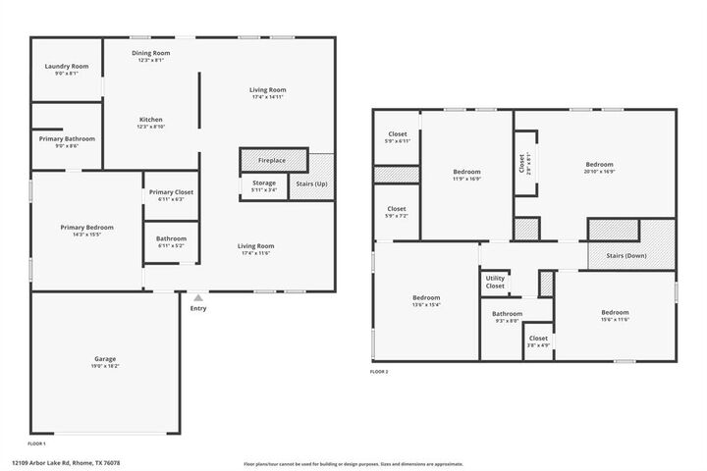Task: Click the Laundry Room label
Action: (66, 66)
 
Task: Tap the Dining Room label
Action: (150, 53)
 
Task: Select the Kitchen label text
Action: (150, 120)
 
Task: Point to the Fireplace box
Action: (272, 160)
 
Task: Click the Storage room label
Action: (263, 183)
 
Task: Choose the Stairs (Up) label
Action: (311, 183)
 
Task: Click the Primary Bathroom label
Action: (67, 139)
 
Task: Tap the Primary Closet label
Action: (171, 192)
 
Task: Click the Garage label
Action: (105, 359)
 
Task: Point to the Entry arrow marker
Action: (198, 296)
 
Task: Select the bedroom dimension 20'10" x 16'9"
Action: (599, 171)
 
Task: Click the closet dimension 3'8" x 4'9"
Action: (538, 344)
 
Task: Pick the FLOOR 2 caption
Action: (379, 372)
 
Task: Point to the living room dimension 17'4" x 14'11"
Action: (267, 97)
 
